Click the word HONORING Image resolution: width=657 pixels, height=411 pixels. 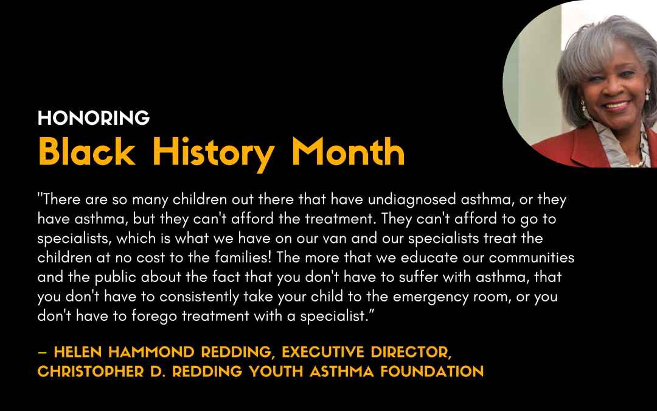click(x=94, y=118)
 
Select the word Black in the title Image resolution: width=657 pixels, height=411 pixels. click(x=87, y=152)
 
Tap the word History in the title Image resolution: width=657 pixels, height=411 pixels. click(x=214, y=154)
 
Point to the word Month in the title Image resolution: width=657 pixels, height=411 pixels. click(x=348, y=152)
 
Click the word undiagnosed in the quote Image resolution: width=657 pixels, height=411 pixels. click(x=412, y=200)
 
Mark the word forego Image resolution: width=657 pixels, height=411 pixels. click(x=154, y=316)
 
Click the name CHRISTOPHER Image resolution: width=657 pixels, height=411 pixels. click(x=91, y=371)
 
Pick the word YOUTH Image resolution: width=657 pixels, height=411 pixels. click(x=276, y=371)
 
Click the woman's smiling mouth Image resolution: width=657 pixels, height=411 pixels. click(x=617, y=105)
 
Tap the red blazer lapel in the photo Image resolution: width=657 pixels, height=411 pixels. click(x=586, y=147)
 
